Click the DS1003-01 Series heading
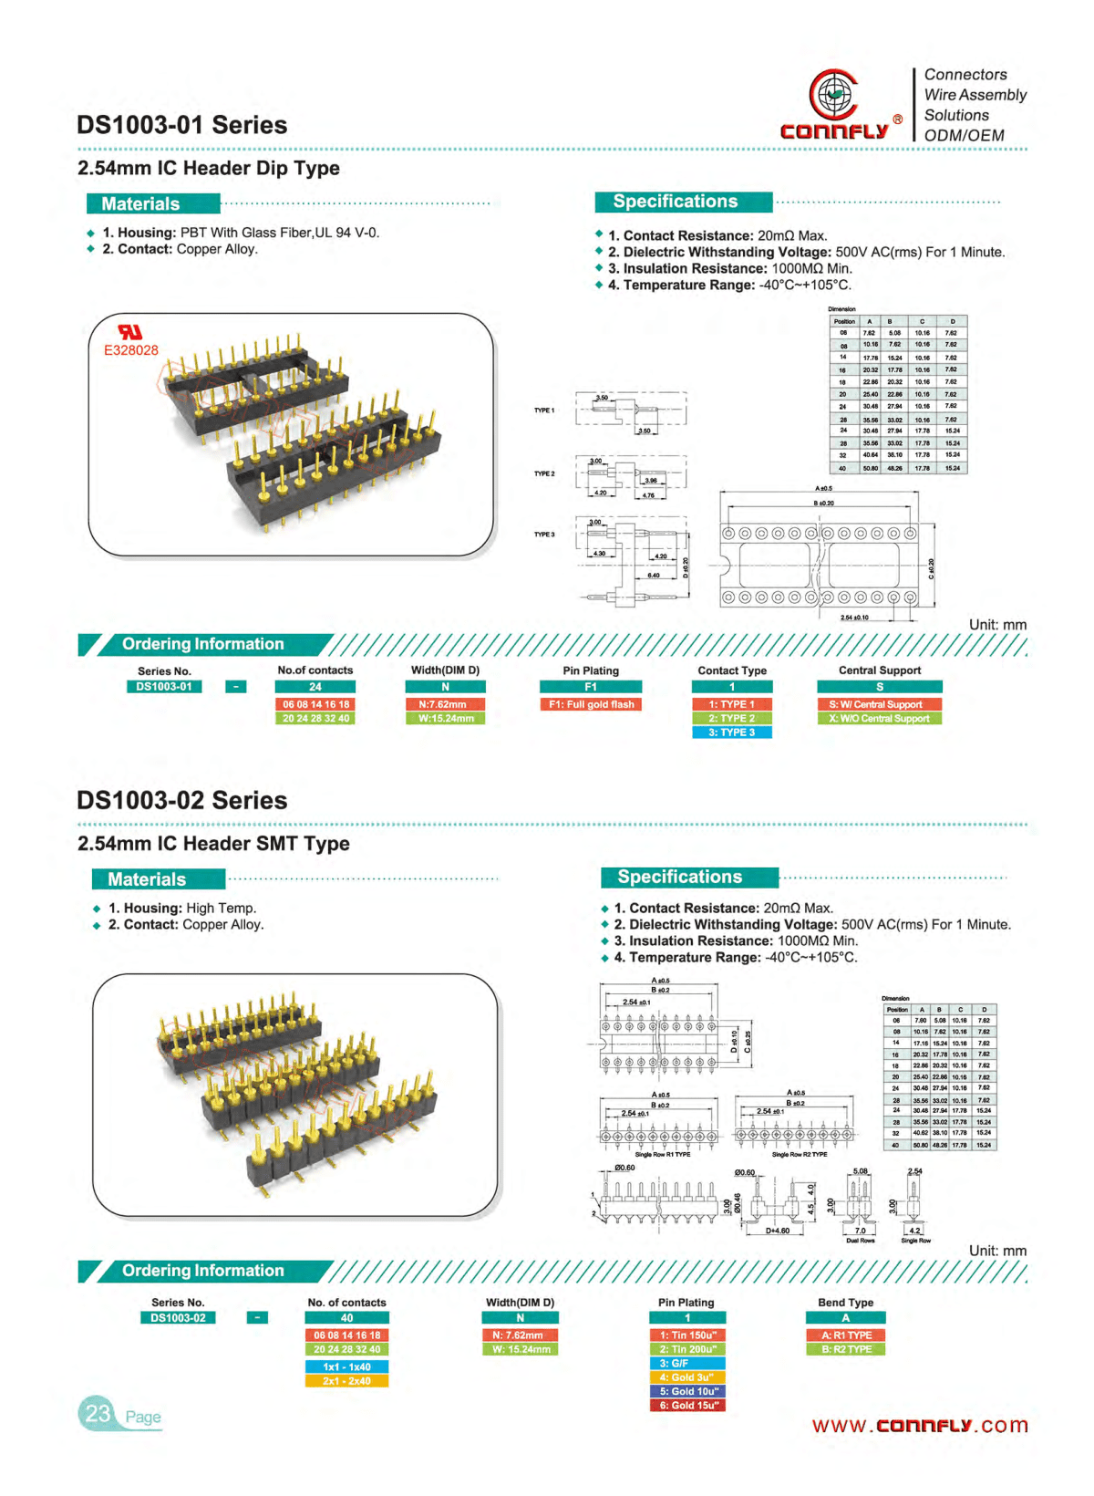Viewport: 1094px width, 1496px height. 181,125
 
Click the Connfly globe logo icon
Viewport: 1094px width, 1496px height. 832,94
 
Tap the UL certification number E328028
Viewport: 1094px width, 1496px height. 130,350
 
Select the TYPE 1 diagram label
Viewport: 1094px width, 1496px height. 544,410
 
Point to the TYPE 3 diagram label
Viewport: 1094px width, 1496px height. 544,535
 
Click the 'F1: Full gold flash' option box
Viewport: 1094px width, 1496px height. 591,704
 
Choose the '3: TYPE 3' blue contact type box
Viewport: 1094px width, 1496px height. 731,732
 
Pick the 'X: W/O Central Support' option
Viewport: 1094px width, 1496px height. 879,719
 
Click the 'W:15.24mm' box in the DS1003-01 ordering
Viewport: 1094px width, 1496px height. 446,719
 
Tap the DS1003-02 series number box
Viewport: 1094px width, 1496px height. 178,1318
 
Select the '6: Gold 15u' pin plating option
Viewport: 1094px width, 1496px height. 687,1406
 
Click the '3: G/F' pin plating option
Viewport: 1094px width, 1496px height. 687,1363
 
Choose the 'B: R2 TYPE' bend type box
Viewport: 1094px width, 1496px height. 845,1349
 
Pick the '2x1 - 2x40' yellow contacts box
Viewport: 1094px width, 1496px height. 346,1381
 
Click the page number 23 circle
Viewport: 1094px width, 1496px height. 98,1414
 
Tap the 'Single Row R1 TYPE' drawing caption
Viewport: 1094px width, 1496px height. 663,1155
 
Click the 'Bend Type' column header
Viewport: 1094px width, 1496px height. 845,1303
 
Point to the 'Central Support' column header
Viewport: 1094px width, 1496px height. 879,670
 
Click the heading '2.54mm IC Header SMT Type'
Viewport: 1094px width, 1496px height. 213,844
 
